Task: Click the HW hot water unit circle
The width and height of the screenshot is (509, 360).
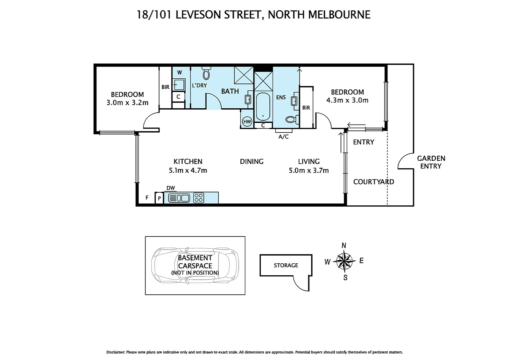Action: tap(247, 122)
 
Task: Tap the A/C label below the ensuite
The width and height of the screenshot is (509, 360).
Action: tap(283, 137)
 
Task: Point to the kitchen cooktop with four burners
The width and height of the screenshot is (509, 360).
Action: tap(199, 198)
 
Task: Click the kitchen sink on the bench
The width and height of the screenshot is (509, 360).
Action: tap(179, 198)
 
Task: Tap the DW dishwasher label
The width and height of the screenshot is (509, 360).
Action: tap(171, 188)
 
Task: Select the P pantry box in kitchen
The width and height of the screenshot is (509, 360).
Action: tap(159, 198)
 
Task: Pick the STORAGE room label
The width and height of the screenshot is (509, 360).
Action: tap(286, 265)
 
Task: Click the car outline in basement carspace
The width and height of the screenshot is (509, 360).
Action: tap(195, 265)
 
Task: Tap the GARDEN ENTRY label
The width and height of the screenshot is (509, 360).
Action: tap(431, 162)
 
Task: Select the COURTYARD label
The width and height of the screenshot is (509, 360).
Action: tap(373, 182)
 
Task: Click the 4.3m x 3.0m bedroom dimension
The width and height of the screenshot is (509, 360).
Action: tap(347, 100)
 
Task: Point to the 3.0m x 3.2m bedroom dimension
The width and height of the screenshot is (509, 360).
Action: tap(127, 103)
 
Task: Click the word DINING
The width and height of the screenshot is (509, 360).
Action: tap(252, 162)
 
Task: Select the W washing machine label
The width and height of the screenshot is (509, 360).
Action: tap(179, 73)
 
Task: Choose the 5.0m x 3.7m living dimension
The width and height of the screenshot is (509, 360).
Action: tap(308, 171)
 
